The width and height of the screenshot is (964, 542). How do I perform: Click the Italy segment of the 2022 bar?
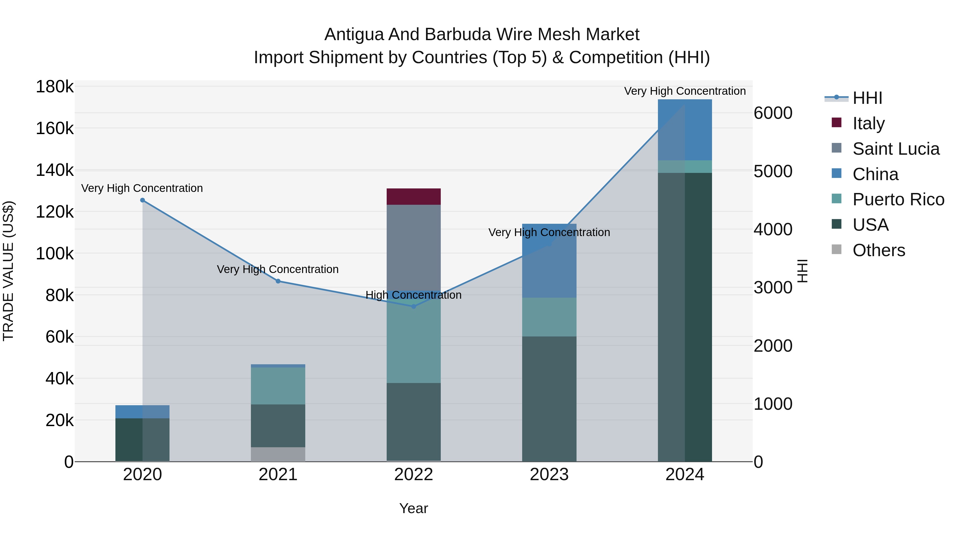click(x=413, y=196)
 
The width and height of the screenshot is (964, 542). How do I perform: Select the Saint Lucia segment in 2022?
click(x=413, y=247)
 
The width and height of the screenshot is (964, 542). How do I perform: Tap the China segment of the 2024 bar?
click(x=685, y=130)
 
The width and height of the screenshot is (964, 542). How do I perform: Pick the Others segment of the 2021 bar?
click(x=278, y=454)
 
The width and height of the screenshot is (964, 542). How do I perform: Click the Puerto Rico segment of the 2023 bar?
click(x=549, y=317)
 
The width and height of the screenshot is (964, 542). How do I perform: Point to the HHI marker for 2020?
click(x=142, y=200)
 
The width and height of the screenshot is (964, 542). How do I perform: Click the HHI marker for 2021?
click(x=278, y=281)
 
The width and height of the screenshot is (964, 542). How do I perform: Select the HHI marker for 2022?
click(x=413, y=306)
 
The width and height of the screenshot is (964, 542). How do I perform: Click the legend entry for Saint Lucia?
click(x=895, y=149)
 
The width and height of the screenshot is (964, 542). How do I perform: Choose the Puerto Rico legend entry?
click(x=898, y=199)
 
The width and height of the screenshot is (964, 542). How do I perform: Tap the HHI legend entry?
click(x=867, y=98)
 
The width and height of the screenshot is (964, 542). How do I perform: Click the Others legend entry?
click(x=878, y=250)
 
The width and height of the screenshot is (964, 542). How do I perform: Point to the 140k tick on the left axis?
click(x=55, y=170)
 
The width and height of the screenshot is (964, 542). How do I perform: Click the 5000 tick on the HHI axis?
click(x=773, y=171)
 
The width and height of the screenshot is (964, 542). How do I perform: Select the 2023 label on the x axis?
click(x=549, y=475)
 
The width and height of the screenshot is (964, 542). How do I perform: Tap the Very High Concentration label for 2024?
click(x=685, y=91)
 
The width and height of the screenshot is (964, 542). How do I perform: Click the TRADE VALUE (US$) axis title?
click(x=8, y=271)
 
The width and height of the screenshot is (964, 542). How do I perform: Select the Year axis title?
click(x=413, y=508)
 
